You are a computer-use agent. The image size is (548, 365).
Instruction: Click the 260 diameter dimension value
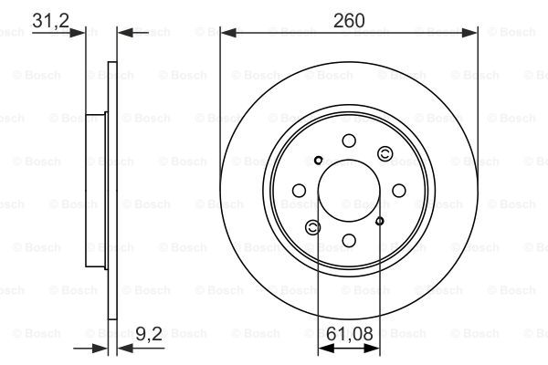(349, 21)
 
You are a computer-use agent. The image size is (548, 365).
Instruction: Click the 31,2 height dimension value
(50, 20)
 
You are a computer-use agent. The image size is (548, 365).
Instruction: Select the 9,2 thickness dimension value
(149, 334)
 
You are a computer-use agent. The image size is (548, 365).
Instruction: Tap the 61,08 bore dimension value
(350, 334)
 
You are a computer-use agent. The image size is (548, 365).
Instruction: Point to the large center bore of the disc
(349, 191)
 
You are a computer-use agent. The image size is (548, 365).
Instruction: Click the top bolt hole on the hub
(349, 141)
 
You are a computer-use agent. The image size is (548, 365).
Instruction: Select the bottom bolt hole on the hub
(349, 241)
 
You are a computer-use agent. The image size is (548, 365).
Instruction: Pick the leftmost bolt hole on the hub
(299, 191)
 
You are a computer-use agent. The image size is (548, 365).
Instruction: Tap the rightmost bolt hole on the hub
(399, 191)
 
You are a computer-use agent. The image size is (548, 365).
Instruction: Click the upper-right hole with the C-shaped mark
(385, 153)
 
